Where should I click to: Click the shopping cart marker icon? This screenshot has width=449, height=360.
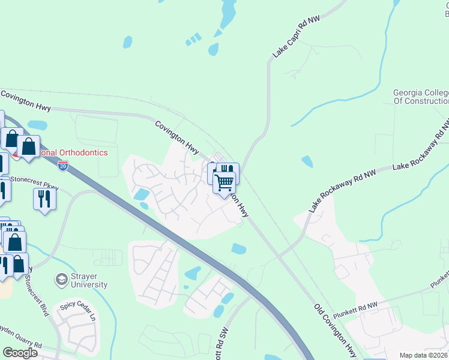coord(224,182)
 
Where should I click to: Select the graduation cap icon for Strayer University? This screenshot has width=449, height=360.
coord(61,279)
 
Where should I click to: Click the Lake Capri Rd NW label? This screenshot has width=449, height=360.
coord(296,37)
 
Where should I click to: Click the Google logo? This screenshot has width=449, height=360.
coord(20,353)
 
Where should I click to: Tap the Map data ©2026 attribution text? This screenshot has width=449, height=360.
coord(424,355)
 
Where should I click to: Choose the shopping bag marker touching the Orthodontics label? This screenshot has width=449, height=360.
coord(28,146)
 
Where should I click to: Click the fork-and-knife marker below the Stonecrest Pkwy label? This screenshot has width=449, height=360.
coord(44,199)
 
